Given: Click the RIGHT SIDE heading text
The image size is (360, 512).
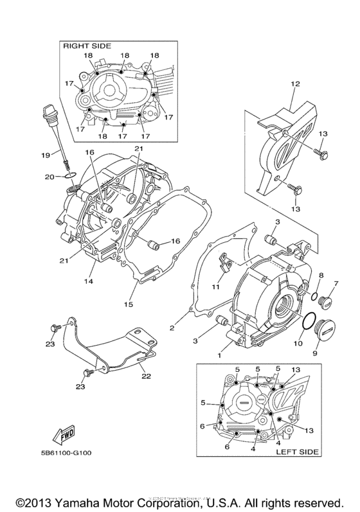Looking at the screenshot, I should tap(86, 46).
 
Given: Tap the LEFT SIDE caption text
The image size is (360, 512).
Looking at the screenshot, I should tap(297, 452).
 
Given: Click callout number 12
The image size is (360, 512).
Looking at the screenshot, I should tap(295, 84).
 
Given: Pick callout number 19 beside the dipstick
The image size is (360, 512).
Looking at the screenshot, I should tap(46, 155).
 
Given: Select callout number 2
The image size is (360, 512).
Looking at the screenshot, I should tap(172, 328).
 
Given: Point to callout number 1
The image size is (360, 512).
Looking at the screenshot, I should tap(219, 355).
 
